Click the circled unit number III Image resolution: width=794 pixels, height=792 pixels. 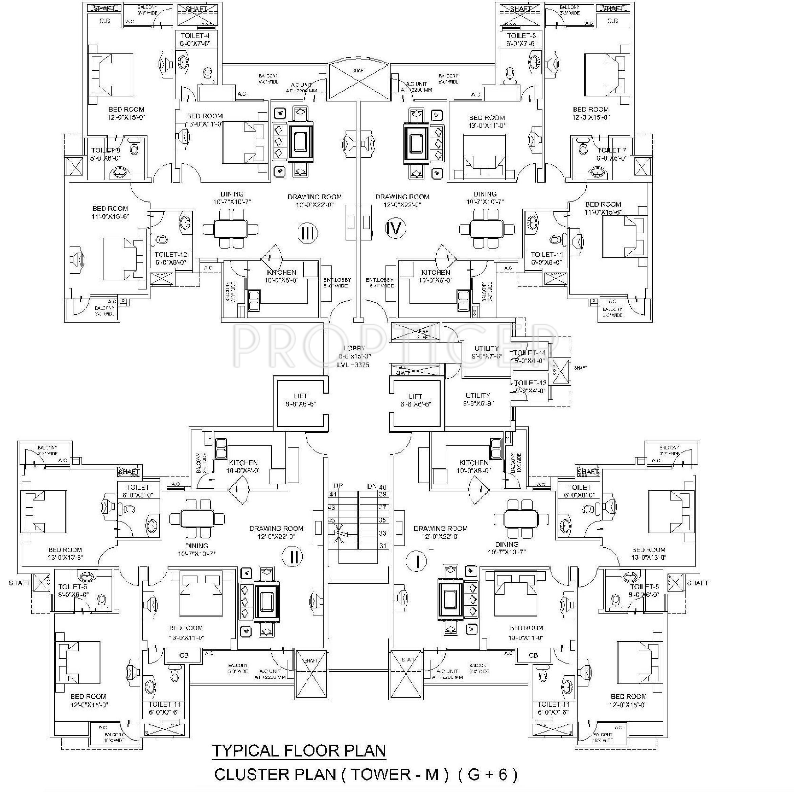click(307, 233)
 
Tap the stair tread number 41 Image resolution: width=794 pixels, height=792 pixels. click(332, 495)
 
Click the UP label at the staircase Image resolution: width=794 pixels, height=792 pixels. click(338, 486)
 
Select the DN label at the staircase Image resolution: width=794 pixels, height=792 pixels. click(372, 486)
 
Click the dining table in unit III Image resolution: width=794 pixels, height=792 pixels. click(230, 229)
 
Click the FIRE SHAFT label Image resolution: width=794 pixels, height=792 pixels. click(423, 334)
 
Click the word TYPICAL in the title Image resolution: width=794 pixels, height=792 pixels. click(246, 750)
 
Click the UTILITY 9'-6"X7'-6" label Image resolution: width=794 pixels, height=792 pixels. click(487, 353)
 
